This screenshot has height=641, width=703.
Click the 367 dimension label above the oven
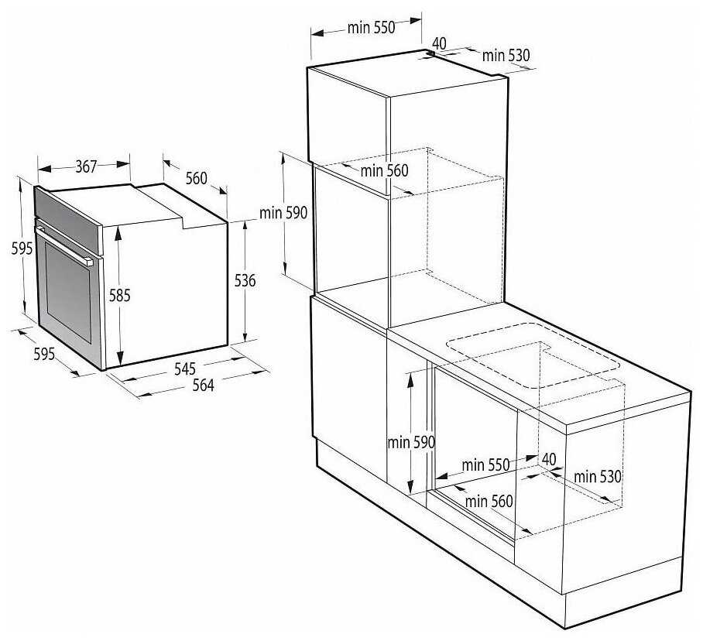click(86, 166)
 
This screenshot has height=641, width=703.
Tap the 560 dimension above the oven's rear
click(197, 178)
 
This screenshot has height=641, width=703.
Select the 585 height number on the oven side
click(120, 296)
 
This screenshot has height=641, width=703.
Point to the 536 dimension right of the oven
click(245, 280)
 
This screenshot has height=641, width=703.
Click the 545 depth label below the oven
click(185, 368)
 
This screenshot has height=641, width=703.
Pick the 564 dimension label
click(203, 385)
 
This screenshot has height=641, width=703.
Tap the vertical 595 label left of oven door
click(22, 248)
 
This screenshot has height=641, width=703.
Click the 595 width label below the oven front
click(44, 354)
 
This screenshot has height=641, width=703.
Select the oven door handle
click(64, 246)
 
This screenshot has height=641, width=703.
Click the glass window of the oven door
click(67, 293)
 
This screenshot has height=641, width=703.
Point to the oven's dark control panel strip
click(68, 220)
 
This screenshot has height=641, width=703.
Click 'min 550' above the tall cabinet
click(371, 27)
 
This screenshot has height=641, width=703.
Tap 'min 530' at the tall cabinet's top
click(506, 56)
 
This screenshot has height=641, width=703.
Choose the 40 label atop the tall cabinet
click(440, 43)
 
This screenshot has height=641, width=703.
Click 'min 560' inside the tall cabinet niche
click(384, 170)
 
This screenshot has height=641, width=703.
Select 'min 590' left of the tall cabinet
click(283, 212)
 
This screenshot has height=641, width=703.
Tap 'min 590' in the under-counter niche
click(411, 442)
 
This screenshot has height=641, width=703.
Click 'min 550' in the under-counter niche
click(485, 464)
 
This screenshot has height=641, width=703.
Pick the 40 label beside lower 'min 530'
click(549, 459)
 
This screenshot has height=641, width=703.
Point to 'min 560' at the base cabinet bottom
click(489, 501)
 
